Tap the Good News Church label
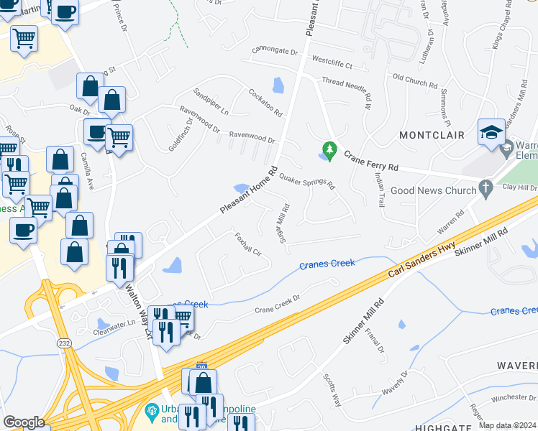point(434,190)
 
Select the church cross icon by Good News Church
point(486,190)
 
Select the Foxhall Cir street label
point(247,245)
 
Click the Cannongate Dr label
point(274,52)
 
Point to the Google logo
point(24,422)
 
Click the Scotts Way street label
point(331,390)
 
